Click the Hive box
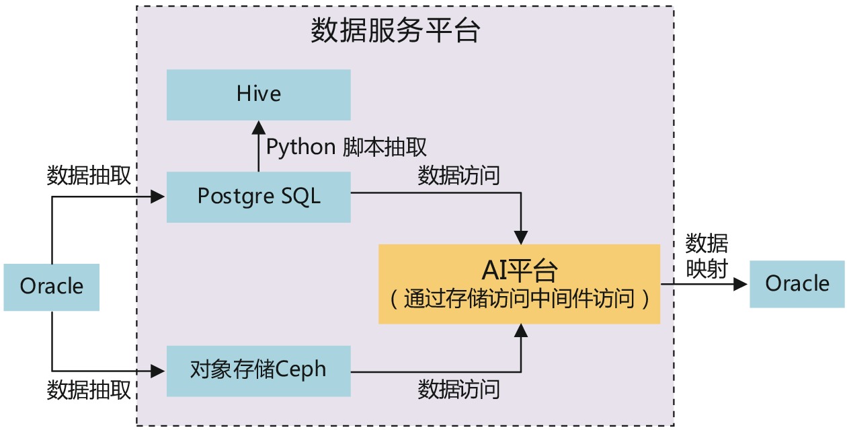259,94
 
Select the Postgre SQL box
259,196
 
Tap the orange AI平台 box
519,283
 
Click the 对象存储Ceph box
259,369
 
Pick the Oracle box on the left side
52,287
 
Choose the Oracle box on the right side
797,283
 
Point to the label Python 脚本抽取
347,147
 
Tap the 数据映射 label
707,256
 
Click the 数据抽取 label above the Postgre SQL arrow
89,176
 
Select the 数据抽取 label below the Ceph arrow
89,390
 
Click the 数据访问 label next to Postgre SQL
459,176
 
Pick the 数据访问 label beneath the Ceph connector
459,389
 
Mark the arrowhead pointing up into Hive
258,128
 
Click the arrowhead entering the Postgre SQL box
159,196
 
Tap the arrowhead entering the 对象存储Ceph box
159,369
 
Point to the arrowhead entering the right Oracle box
741,283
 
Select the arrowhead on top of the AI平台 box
520,237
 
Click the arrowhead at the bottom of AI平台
520,330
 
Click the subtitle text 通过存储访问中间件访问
519,299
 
